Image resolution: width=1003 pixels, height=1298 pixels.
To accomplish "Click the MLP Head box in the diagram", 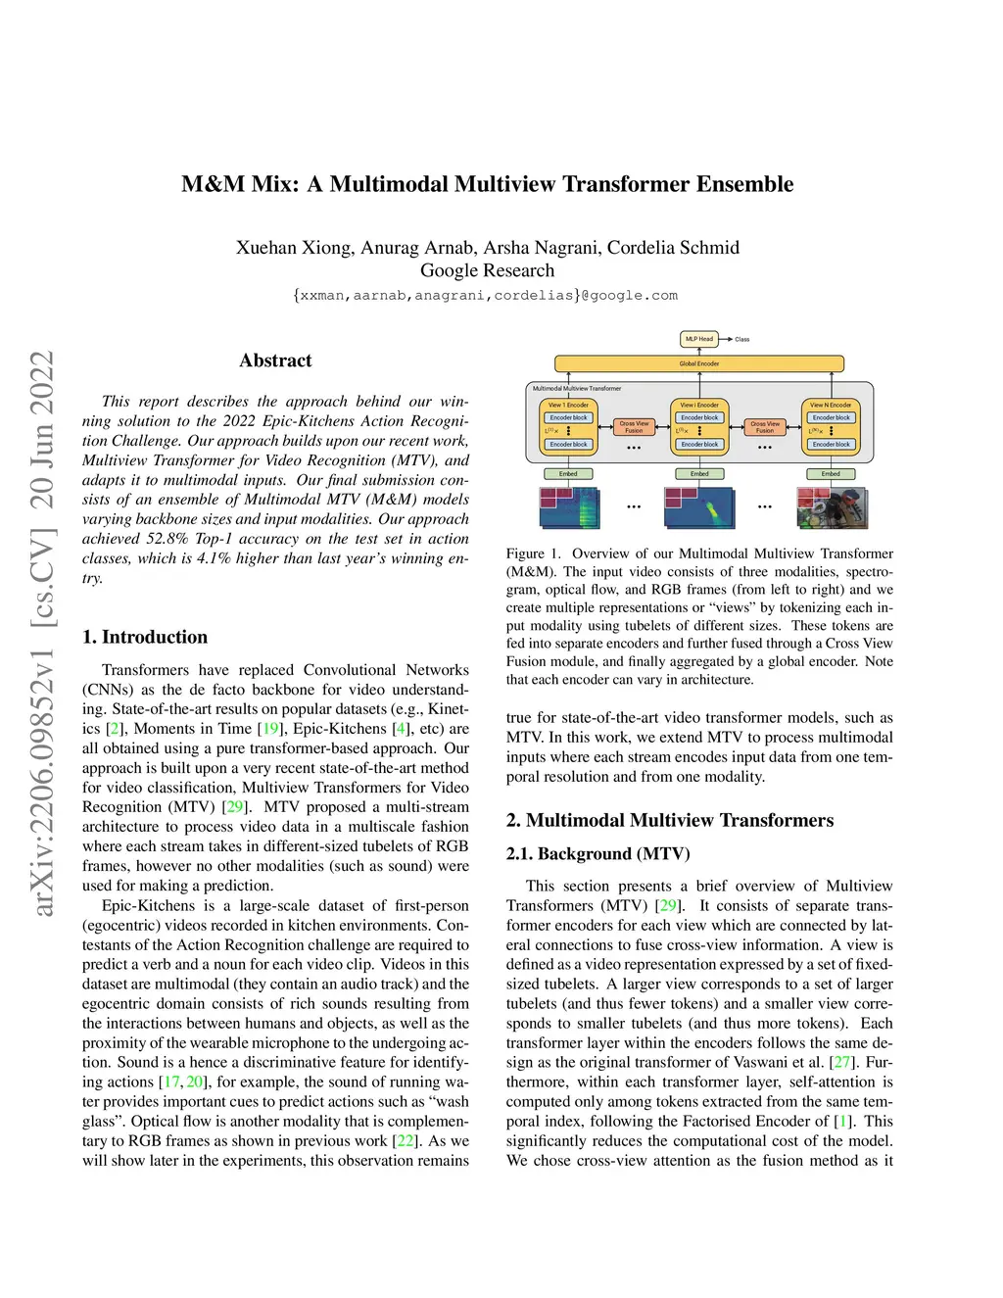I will [699, 339].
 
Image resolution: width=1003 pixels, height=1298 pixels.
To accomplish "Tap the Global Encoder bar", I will [699, 363].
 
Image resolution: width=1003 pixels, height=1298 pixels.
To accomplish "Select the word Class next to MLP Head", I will [742, 340].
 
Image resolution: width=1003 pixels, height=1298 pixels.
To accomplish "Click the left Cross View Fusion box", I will [634, 427].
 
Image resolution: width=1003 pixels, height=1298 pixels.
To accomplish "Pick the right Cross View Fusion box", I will [765, 427].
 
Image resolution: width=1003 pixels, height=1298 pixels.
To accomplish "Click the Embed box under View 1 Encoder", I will [568, 474].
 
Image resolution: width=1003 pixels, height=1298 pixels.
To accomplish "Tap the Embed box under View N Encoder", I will [831, 474].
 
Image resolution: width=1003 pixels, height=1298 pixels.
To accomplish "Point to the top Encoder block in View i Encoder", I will [699, 417].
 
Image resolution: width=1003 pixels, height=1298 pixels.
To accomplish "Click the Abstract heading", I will [275, 361].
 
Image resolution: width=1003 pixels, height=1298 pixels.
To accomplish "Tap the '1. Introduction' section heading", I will [145, 637].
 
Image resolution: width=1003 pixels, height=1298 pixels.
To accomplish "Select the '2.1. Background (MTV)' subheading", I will [597, 853].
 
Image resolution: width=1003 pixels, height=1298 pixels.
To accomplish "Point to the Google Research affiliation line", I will [487, 270].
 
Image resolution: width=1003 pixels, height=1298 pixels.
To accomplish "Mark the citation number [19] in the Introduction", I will [271, 729].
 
